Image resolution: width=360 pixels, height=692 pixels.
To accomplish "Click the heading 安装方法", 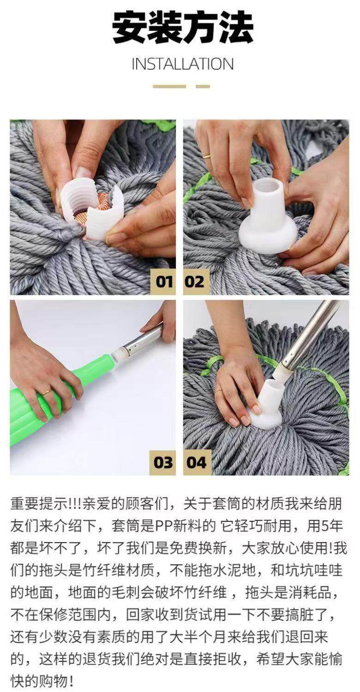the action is click(x=182, y=27).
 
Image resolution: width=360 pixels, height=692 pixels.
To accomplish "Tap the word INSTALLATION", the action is click(x=183, y=64).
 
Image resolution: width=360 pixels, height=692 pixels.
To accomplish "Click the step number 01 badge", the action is click(x=163, y=282).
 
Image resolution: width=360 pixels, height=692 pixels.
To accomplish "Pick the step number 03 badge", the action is click(x=163, y=462).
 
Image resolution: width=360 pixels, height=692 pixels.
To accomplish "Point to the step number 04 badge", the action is click(x=197, y=462).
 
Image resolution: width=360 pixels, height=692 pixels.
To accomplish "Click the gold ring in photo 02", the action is click(x=206, y=156).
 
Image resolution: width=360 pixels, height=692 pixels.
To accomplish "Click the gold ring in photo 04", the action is click(x=219, y=389).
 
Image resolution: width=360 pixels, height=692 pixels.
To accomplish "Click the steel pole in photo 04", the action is click(x=309, y=337).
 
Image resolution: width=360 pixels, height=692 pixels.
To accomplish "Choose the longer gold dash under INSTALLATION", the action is click(x=169, y=87).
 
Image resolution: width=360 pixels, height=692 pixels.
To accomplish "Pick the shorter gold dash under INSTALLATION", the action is click(x=203, y=87).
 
